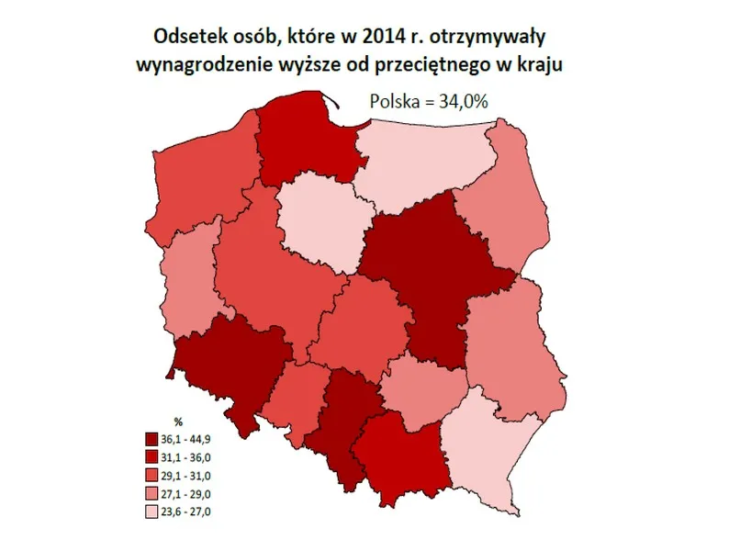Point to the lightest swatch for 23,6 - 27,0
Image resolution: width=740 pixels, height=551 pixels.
[151, 510]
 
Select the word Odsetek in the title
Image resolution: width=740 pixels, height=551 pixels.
[185, 39]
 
